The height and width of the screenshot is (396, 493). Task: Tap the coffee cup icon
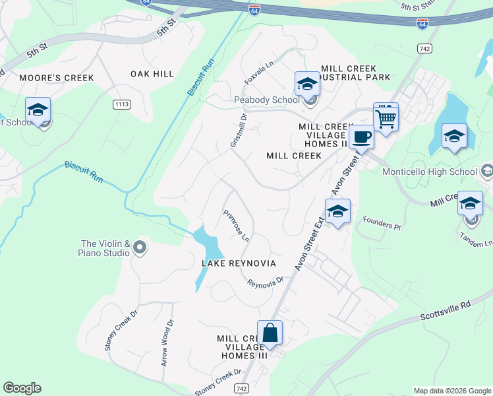361,137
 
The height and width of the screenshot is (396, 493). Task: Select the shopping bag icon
270,333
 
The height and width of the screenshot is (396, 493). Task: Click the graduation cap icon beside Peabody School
307,84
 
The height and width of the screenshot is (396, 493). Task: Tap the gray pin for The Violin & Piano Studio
139,247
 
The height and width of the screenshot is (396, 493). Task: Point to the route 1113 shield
121,104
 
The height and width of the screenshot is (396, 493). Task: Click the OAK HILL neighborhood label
152,74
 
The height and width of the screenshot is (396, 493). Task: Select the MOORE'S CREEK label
57,78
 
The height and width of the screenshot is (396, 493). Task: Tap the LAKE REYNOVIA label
239,263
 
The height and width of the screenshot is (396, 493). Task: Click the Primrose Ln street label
235,226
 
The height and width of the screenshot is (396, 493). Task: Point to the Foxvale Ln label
259,74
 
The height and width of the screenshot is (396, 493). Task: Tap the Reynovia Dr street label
265,282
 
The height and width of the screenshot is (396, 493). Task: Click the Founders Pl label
382,225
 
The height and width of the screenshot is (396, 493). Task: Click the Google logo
22,388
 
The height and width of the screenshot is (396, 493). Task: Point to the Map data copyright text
451,391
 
